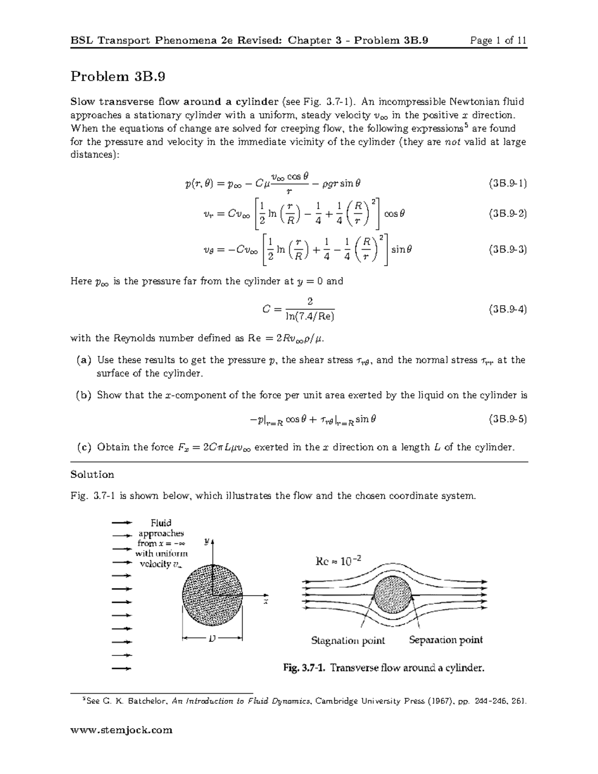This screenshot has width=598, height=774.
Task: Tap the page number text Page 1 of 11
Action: [x=499, y=40]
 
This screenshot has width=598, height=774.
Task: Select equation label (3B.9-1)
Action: [x=507, y=183]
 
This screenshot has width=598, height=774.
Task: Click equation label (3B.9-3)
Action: [x=507, y=249]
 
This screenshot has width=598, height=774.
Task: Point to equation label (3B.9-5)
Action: [x=507, y=419]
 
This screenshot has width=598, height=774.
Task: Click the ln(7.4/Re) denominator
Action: [x=309, y=316]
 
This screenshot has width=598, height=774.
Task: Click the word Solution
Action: [x=92, y=474]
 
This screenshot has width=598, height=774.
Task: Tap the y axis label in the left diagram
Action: [x=206, y=540]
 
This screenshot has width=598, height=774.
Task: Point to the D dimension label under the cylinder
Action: [x=213, y=638]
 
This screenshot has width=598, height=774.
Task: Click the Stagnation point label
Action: [x=348, y=640]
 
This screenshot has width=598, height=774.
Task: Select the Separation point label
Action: [x=446, y=640]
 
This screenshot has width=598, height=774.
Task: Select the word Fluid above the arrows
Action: [x=161, y=523]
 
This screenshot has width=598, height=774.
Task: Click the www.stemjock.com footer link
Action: [x=122, y=730]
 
